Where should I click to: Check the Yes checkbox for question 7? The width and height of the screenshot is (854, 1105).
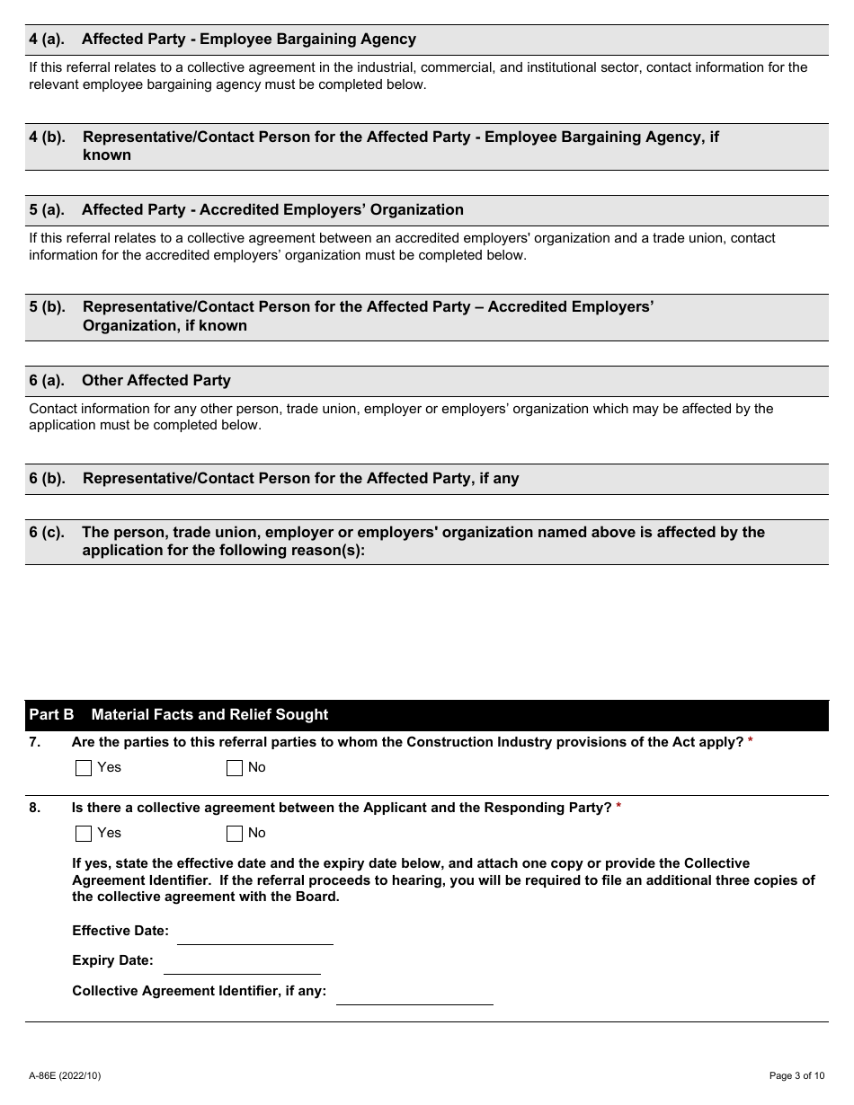[x=84, y=768]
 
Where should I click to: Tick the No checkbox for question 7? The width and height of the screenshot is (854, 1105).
[x=235, y=768]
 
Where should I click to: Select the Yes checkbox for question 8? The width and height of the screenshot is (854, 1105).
[x=84, y=834]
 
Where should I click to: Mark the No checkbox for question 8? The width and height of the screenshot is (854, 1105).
[x=235, y=834]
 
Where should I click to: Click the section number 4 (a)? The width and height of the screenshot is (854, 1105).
[x=47, y=40]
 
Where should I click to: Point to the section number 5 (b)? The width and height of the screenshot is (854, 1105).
[x=48, y=307]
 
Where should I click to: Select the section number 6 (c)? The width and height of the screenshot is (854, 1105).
[x=47, y=533]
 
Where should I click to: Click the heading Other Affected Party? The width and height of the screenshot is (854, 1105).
[x=156, y=381]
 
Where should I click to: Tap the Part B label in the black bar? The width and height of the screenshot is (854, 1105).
[x=51, y=715]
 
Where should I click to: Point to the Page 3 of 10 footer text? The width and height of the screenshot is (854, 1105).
[x=796, y=1075]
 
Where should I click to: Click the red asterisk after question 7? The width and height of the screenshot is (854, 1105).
[x=751, y=741]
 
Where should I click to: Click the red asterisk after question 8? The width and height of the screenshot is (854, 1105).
[x=618, y=807]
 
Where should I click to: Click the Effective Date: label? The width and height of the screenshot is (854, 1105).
[x=120, y=932]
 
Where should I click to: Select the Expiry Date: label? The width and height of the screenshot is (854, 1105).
[x=112, y=961]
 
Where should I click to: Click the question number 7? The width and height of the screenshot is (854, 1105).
[x=34, y=742]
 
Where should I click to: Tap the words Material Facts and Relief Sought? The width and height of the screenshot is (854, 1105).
[x=209, y=715]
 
